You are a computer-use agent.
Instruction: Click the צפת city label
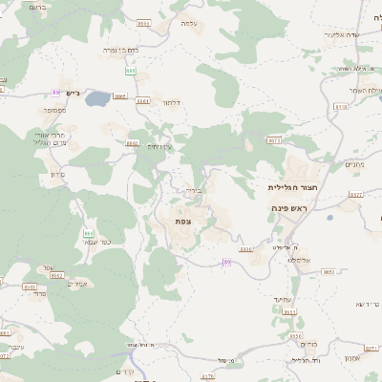(x=183, y=222)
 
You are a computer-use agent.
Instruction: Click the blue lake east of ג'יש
(x=95, y=97)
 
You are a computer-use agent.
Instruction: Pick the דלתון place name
(x=172, y=101)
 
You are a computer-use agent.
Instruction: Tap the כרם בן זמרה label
(x=122, y=48)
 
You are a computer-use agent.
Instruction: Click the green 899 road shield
(x=131, y=71)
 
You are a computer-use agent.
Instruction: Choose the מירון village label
(x=54, y=175)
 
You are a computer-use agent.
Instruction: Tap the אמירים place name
(x=78, y=284)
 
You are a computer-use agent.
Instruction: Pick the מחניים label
(x=354, y=163)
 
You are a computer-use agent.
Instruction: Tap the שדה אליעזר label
(x=339, y=35)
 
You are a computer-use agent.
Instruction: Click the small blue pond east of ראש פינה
(x=329, y=218)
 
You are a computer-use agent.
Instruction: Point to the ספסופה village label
(x=53, y=111)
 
